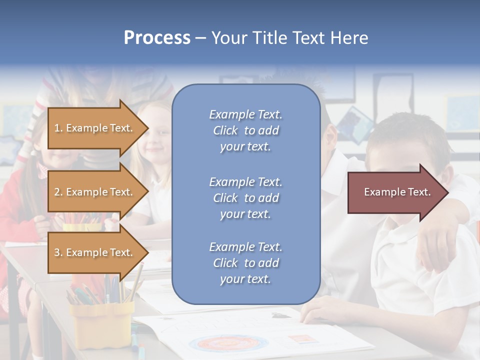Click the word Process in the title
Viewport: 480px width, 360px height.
pos(157,38)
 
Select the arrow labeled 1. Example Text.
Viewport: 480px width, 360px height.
pos(95,128)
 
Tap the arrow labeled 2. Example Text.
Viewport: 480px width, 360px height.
pos(95,192)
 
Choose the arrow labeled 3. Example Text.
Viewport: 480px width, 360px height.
pos(95,252)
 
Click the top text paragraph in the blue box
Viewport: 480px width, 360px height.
pos(245,130)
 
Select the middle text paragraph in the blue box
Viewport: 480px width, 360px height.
pos(245,198)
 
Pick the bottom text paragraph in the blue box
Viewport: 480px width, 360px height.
pos(245,263)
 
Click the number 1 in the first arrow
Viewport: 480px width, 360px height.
pos(57,128)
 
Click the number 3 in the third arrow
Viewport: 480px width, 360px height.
pos(57,252)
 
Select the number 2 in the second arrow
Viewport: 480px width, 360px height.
pos(57,192)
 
